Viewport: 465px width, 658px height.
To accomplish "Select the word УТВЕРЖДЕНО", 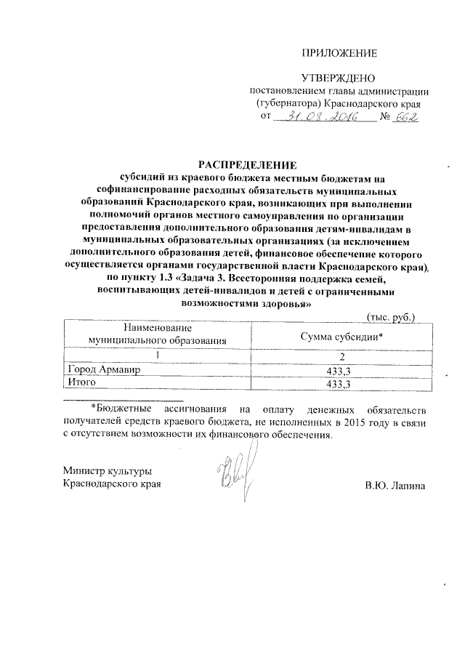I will click(x=337, y=78).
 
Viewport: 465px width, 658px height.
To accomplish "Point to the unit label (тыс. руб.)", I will click(x=391, y=317).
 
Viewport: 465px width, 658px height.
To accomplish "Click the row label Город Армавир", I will click(x=99, y=370).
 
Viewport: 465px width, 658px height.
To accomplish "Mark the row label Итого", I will click(x=81, y=383).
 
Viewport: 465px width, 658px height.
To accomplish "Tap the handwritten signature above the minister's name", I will click(x=230, y=473).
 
